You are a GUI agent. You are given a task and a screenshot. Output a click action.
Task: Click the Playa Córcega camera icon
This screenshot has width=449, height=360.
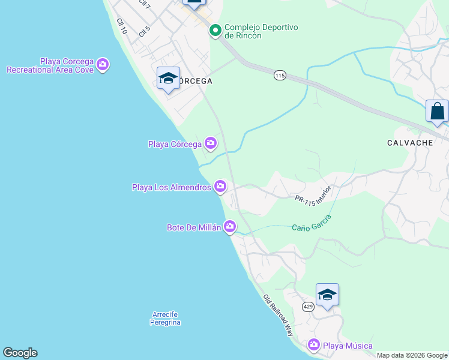(x=211, y=143)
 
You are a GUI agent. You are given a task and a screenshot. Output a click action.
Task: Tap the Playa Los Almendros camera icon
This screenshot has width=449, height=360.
(x=220, y=187)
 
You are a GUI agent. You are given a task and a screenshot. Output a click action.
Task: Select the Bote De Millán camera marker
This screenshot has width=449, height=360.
(x=230, y=227)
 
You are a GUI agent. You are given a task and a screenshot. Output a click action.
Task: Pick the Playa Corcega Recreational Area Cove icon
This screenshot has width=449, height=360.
(x=103, y=65)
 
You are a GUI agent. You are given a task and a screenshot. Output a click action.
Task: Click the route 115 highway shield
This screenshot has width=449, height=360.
(x=280, y=75)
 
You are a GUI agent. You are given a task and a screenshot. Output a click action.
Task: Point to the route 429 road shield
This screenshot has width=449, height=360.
(x=308, y=307)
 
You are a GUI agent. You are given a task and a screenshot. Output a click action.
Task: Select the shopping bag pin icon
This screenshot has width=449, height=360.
(x=437, y=112)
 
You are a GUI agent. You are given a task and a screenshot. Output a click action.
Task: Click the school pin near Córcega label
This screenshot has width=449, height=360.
(x=168, y=79)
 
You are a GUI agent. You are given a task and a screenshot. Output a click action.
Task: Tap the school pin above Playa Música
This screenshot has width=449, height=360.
(x=327, y=295)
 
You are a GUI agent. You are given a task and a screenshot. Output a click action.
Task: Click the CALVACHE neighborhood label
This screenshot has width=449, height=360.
(x=411, y=143)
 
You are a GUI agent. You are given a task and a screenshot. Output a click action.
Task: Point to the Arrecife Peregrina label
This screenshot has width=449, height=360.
(x=166, y=318)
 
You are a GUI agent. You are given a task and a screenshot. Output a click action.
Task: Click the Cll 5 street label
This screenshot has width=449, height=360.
(x=144, y=31)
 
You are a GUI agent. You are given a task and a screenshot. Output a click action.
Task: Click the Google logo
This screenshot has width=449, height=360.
(x=20, y=353)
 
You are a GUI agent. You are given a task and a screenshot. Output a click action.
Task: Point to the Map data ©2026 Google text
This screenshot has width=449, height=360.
(x=412, y=355)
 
